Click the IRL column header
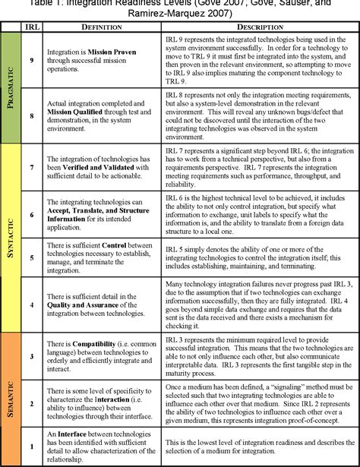tap(30, 27)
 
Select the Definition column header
tap(96, 27)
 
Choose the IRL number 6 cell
tap(30, 215)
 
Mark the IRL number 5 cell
tap(30, 257)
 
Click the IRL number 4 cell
tap(30, 305)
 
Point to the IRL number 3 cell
tap(30, 355)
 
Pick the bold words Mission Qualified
tap(77, 118)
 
